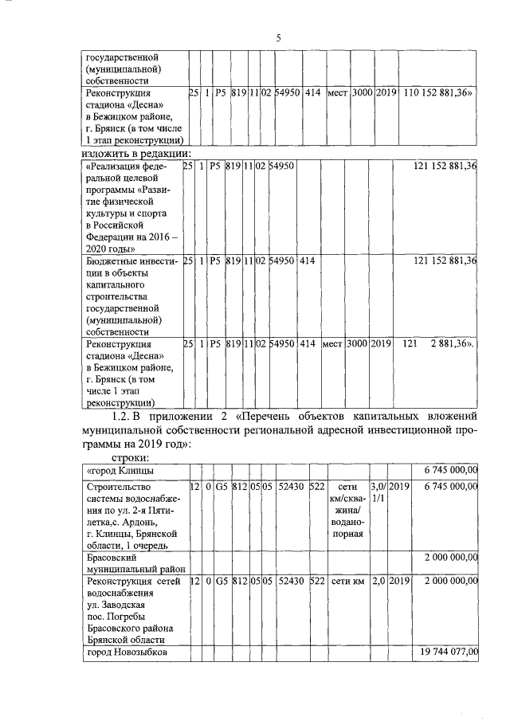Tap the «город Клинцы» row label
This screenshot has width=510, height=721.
pyautogui.click(x=120, y=471)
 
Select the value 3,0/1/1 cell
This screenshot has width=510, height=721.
pyautogui.click(x=379, y=490)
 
